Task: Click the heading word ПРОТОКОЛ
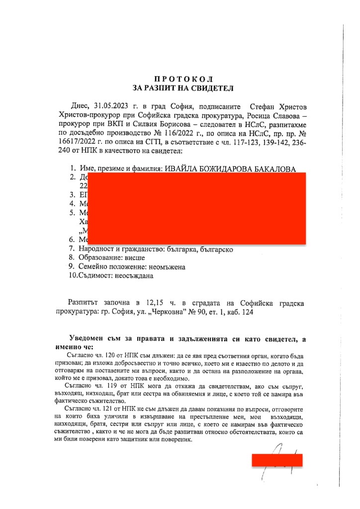click(x=183, y=79)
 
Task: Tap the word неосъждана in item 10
click(x=134, y=275)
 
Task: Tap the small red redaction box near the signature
click(x=277, y=460)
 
